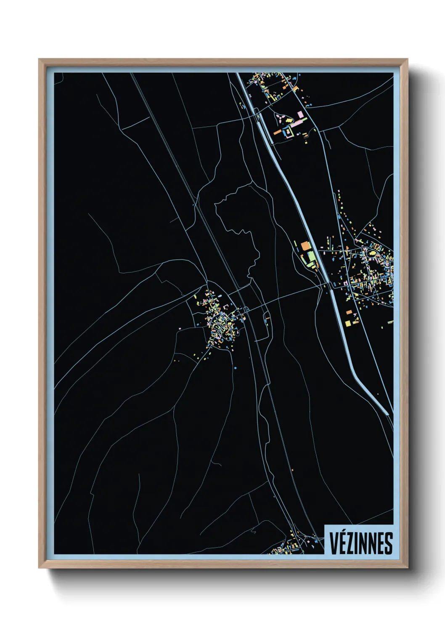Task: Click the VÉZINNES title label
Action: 360,543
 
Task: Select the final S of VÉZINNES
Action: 389,543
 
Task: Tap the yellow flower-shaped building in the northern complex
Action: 289,120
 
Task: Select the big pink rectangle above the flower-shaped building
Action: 300,114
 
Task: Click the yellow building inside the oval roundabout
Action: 372,253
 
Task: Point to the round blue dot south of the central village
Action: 235,368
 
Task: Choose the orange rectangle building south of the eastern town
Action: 349,312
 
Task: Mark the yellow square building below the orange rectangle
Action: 347,323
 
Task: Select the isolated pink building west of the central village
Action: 175,360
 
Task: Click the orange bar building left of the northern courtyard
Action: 277,132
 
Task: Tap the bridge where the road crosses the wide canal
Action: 329,285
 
